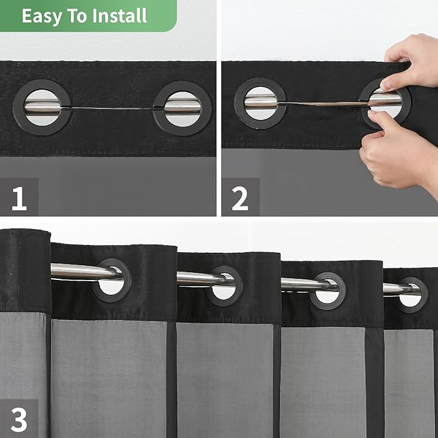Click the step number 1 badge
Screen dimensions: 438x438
19,198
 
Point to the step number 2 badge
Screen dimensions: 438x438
239,198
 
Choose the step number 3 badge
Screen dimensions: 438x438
19,419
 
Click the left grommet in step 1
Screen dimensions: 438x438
42,106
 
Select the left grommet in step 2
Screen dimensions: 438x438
260,103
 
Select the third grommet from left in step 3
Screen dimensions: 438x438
327,290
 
